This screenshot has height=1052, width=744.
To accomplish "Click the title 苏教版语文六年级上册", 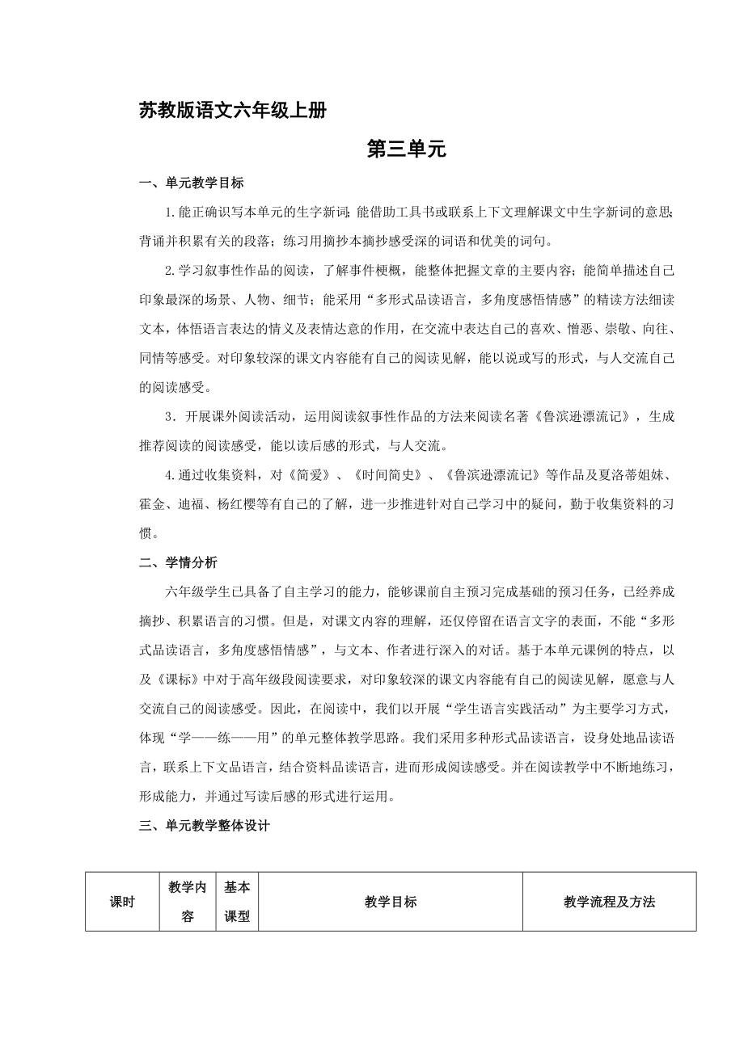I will pos(233,112).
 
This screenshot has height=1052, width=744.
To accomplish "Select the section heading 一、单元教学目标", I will pos(192,183).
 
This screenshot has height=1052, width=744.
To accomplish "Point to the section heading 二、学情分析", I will pos(179,562).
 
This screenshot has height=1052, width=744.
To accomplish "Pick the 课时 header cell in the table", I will pos(122,902).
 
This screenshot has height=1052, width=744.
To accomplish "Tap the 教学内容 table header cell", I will pos(188,902).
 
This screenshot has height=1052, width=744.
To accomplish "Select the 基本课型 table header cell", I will pos(237,902).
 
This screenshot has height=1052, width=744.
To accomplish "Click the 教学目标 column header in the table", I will pos(391,902).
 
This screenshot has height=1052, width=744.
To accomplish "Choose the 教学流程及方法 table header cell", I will pos(609,902).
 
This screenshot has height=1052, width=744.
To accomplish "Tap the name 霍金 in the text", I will pos(153,503).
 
